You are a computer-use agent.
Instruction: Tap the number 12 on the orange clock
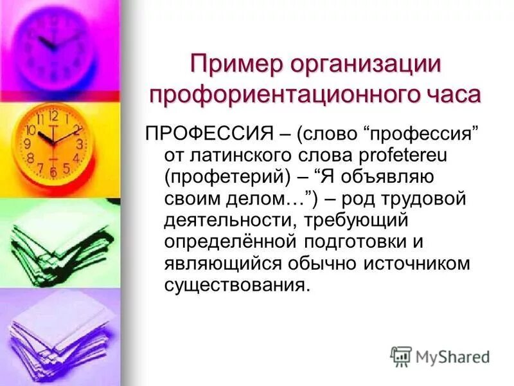point(53,116)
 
